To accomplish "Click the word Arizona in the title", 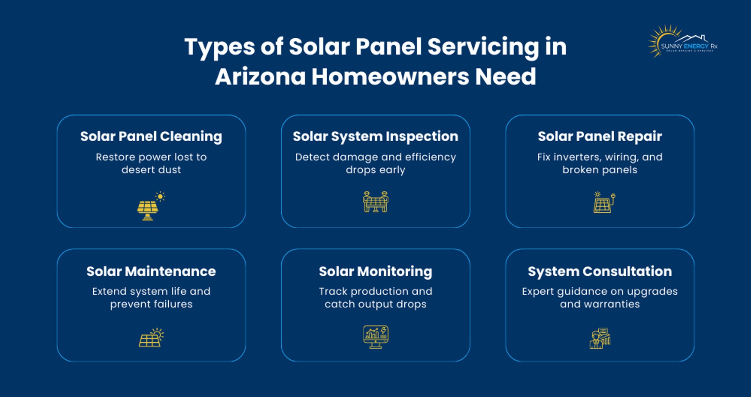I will (x=260, y=77).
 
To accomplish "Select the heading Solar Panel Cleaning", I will (x=151, y=136).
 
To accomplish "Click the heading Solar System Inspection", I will (x=375, y=136).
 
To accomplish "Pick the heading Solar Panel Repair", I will (x=600, y=136).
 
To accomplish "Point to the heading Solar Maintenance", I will (x=151, y=271).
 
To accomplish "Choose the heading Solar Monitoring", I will (x=375, y=271).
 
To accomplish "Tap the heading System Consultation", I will (x=600, y=271).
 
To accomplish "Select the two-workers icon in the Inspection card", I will (x=375, y=202).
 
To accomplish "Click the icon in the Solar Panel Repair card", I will (x=604, y=203).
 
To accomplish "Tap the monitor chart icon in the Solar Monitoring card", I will (x=375, y=337).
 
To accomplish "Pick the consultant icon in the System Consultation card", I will (x=600, y=338).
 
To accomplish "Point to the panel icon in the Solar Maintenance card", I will (x=151, y=338).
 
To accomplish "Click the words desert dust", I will (x=151, y=170).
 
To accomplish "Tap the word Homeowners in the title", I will (x=390, y=77).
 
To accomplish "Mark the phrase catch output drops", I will (x=375, y=304).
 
